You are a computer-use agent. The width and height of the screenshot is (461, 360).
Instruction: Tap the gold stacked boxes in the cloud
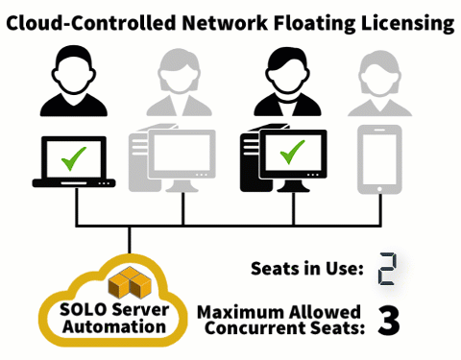coord(127,282)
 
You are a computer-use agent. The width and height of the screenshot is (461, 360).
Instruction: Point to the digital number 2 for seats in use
coord(388,270)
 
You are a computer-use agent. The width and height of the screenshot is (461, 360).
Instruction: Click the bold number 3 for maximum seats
coord(388,321)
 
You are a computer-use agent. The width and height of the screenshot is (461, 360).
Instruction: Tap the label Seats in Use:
coord(305,269)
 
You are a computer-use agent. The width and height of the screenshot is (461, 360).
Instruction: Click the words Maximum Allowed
coord(279,312)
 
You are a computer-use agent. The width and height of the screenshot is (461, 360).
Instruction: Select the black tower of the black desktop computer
coord(252,158)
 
